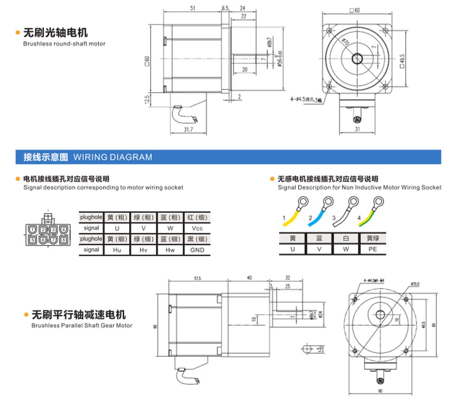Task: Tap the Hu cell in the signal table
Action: point(117,250)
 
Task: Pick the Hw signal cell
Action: point(170,250)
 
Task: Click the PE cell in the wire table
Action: point(373,249)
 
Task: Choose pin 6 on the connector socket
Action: point(43,240)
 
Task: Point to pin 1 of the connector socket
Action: point(32,229)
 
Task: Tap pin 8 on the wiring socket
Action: point(63,240)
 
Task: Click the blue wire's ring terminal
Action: point(328,201)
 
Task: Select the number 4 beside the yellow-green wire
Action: point(359,217)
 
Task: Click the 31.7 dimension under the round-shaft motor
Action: point(187,130)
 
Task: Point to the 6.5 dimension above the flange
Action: point(225,8)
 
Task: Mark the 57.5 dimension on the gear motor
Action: point(198,278)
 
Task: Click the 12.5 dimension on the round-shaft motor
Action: point(147,99)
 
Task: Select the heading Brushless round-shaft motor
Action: point(64,44)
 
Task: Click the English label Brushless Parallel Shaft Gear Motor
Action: point(82,325)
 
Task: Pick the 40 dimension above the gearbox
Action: point(249,278)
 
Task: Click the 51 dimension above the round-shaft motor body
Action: point(192,8)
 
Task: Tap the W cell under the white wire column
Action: point(346,249)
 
